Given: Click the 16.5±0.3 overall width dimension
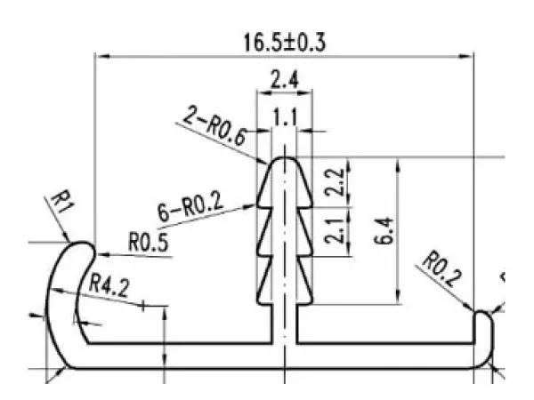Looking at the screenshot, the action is point(285,43).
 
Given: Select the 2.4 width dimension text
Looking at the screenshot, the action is point(285,80).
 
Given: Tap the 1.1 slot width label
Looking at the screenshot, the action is point(285,118).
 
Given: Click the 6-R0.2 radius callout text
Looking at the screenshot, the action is point(190,206).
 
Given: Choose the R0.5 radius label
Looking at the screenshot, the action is point(149,242).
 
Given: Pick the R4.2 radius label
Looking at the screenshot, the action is point(109,286).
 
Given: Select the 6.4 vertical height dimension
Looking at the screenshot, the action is point(384,231).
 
